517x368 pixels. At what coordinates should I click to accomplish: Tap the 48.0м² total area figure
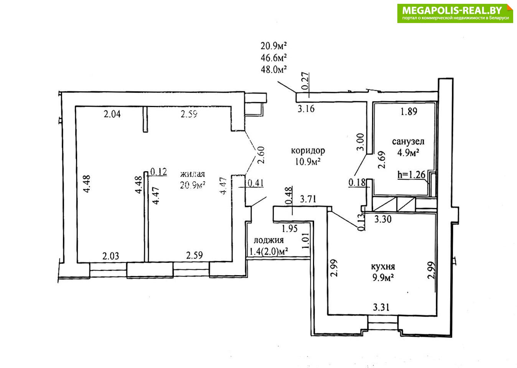click(x=274, y=69)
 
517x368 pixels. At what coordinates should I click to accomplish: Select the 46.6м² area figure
click(x=274, y=58)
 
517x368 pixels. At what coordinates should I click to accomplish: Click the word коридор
click(x=308, y=151)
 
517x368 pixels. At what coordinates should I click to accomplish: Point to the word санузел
click(x=408, y=141)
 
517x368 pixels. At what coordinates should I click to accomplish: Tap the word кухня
click(x=383, y=267)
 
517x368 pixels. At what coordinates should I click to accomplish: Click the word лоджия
click(x=268, y=240)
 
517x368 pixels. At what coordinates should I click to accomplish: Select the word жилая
click(x=192, y=174)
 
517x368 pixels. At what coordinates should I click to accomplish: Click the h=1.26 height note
click(x=411, y=175)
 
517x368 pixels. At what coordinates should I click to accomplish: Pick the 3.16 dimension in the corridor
click(x=306, y=109)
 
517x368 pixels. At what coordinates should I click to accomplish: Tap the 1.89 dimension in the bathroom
click(x=409, y=112)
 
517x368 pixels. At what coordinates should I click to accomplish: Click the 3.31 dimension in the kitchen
click(x=381, y=307)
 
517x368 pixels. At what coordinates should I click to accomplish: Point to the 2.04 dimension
click(x=112, y=114)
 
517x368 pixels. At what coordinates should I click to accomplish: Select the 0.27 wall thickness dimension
click(x=305, y=81)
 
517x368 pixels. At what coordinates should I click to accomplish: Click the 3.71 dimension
click(x=308, y=199)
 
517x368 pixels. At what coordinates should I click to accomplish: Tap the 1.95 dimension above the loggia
click(x=290, y=229)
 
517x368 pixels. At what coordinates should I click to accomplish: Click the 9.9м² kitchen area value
click(x=383, y=278)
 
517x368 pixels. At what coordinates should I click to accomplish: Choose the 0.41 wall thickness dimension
click(x=255, y=183)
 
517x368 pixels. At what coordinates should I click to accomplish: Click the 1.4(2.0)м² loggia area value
click(x=269, y=251)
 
